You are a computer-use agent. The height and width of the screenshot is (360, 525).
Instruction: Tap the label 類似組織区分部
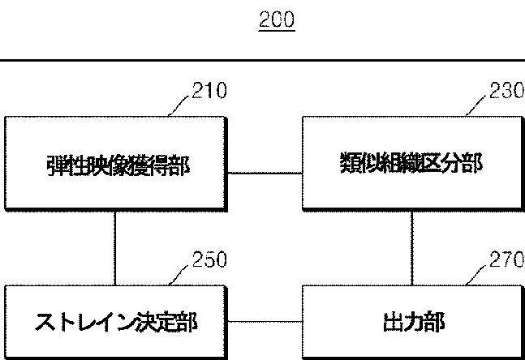(x=413, y=165)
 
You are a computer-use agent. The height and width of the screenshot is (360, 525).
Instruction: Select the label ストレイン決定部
(x=116, y=324)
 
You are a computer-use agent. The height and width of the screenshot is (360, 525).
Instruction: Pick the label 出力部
(x=412, y=324)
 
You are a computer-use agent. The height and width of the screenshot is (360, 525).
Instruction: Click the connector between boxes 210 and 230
(x=265, y=172)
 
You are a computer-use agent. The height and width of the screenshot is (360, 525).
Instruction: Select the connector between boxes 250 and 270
(x=265, y=323)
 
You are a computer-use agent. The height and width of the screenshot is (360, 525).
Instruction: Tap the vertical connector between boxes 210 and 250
(x=115, y=249)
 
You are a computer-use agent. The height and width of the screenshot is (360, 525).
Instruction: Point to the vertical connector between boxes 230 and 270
(x=412, y=249)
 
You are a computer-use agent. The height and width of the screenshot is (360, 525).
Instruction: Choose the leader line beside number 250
(x=183, y=274)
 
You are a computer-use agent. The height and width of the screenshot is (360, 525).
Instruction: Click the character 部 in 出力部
(x=433, y=324)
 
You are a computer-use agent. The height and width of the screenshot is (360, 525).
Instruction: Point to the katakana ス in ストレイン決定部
(x=45, y=324)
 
